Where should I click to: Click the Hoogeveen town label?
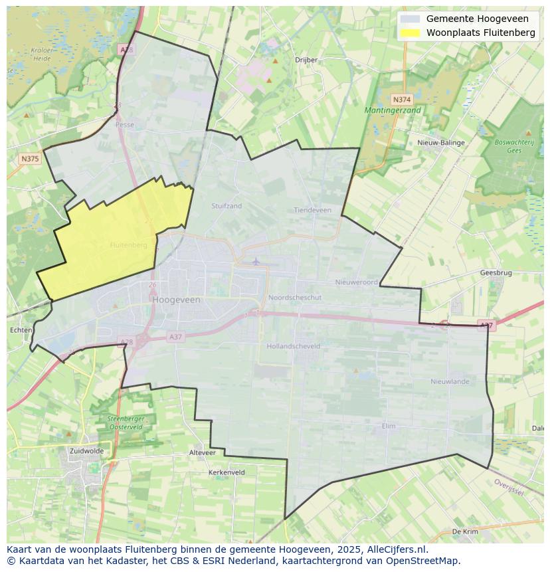point(176,300)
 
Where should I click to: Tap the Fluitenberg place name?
point(128,245)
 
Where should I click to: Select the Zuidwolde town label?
point(86,450)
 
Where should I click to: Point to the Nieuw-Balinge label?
point(441,143)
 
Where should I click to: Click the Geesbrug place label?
point(496,273)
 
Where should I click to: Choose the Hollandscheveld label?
point(293,346)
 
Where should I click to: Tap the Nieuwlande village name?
point(450,381)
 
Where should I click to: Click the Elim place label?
point(389,426)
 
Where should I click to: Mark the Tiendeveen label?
point(312,210)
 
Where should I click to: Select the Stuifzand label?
point(227,206)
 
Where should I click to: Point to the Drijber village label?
point(306,60)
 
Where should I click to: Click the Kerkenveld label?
point(227,472)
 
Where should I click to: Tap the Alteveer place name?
point(203,452)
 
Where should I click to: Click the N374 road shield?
point(402,98)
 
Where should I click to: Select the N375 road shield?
point(30,158)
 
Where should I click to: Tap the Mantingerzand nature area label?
point(393,110)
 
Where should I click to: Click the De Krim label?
point(465,532)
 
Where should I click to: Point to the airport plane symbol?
point(256,260)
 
